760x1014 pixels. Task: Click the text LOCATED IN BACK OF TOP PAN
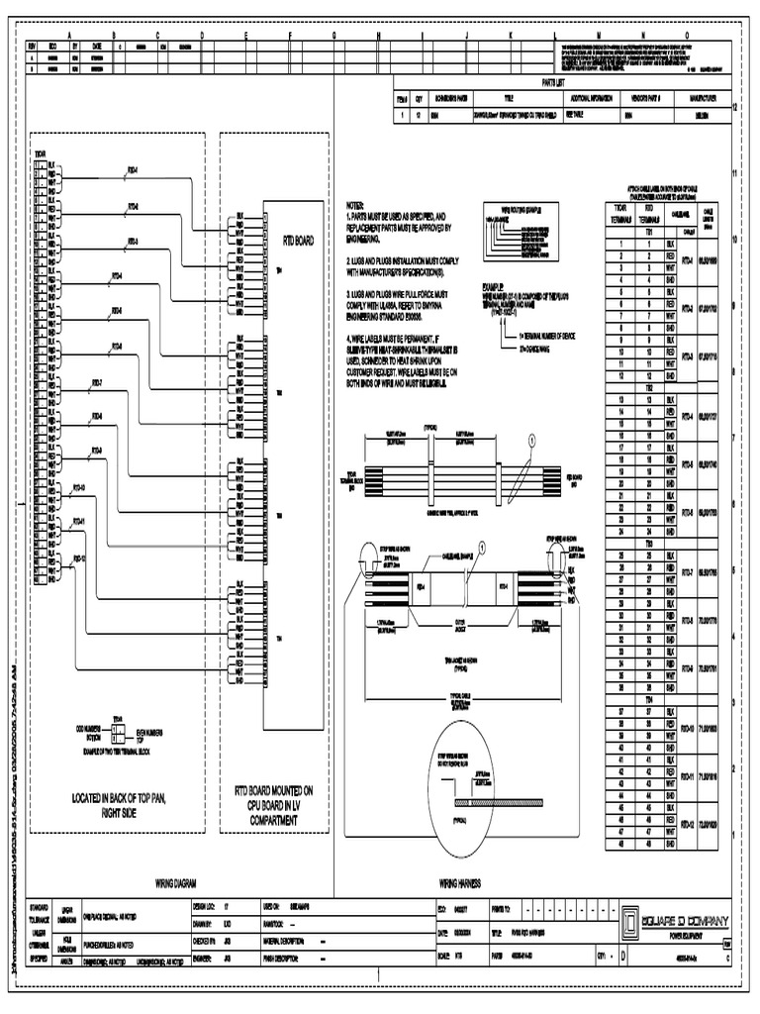[117, 797]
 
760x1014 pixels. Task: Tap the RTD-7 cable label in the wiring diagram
[95, 382]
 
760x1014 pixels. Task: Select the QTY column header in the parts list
[419, 99]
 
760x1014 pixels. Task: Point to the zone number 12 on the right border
[734, 107]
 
